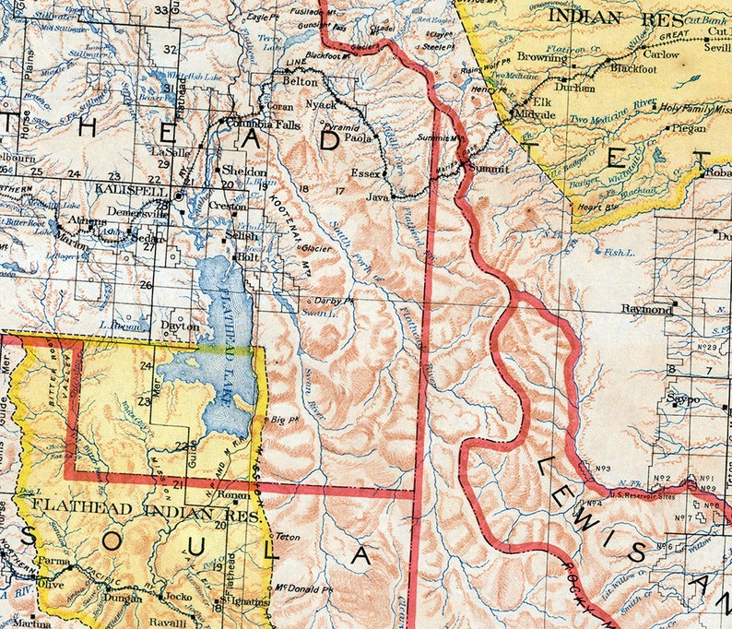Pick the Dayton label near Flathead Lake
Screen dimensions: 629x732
click(x=180, y=326)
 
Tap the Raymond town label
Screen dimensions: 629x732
click(x=645, y=309)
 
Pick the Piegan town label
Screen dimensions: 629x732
click(x=684, y=128)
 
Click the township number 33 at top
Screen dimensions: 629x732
click(x=163, y=10)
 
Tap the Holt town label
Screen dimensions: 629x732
click(x=248, y=258)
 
